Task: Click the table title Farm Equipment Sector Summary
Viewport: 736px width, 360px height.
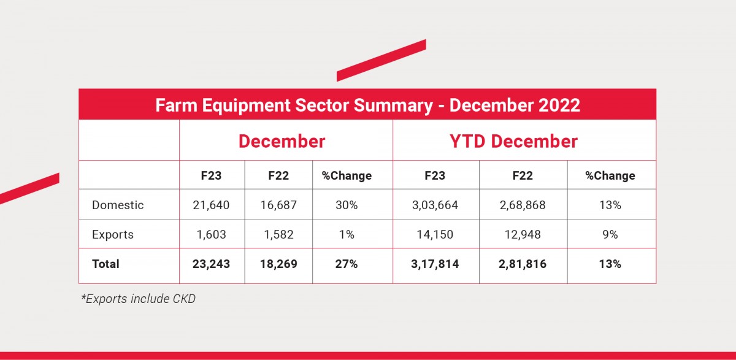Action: click(x=367, y=105)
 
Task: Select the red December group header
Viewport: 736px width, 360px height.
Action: click(x=282, y=141)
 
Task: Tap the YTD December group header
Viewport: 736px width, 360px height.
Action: click(x=513, y=141)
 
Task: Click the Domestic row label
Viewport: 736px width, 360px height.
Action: click(x=118, y=205)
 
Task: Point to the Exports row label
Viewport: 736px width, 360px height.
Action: click(x=113, y=234)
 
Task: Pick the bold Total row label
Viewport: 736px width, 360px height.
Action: click(x=105, y=264)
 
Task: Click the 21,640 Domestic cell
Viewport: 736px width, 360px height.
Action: click(x=212, y=205)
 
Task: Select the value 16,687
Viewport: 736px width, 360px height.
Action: click(x=278, y=205)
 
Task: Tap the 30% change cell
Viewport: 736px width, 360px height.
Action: click(x=347, y=205)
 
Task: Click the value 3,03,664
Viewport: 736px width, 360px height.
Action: click(x=435, y=205)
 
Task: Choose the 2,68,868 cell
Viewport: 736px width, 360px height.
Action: click(x=523, y=205)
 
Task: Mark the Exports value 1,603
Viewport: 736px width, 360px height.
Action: click(x=212, y=234)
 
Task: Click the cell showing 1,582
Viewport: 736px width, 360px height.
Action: click(x=278, y=234)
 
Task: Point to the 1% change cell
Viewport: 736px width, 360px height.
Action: click(x=347, y=234)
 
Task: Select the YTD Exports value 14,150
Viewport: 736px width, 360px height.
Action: click(x=435, y=234)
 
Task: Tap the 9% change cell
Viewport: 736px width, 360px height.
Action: click(x=610, y=234)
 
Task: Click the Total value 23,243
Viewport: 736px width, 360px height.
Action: click(x=212, y=264)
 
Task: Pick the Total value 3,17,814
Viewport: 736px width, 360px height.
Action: click(x=435, y=264)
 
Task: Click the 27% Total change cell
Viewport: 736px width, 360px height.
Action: click(x=347, y=264)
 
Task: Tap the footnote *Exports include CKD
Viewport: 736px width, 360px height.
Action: click(x=138, y=299)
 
